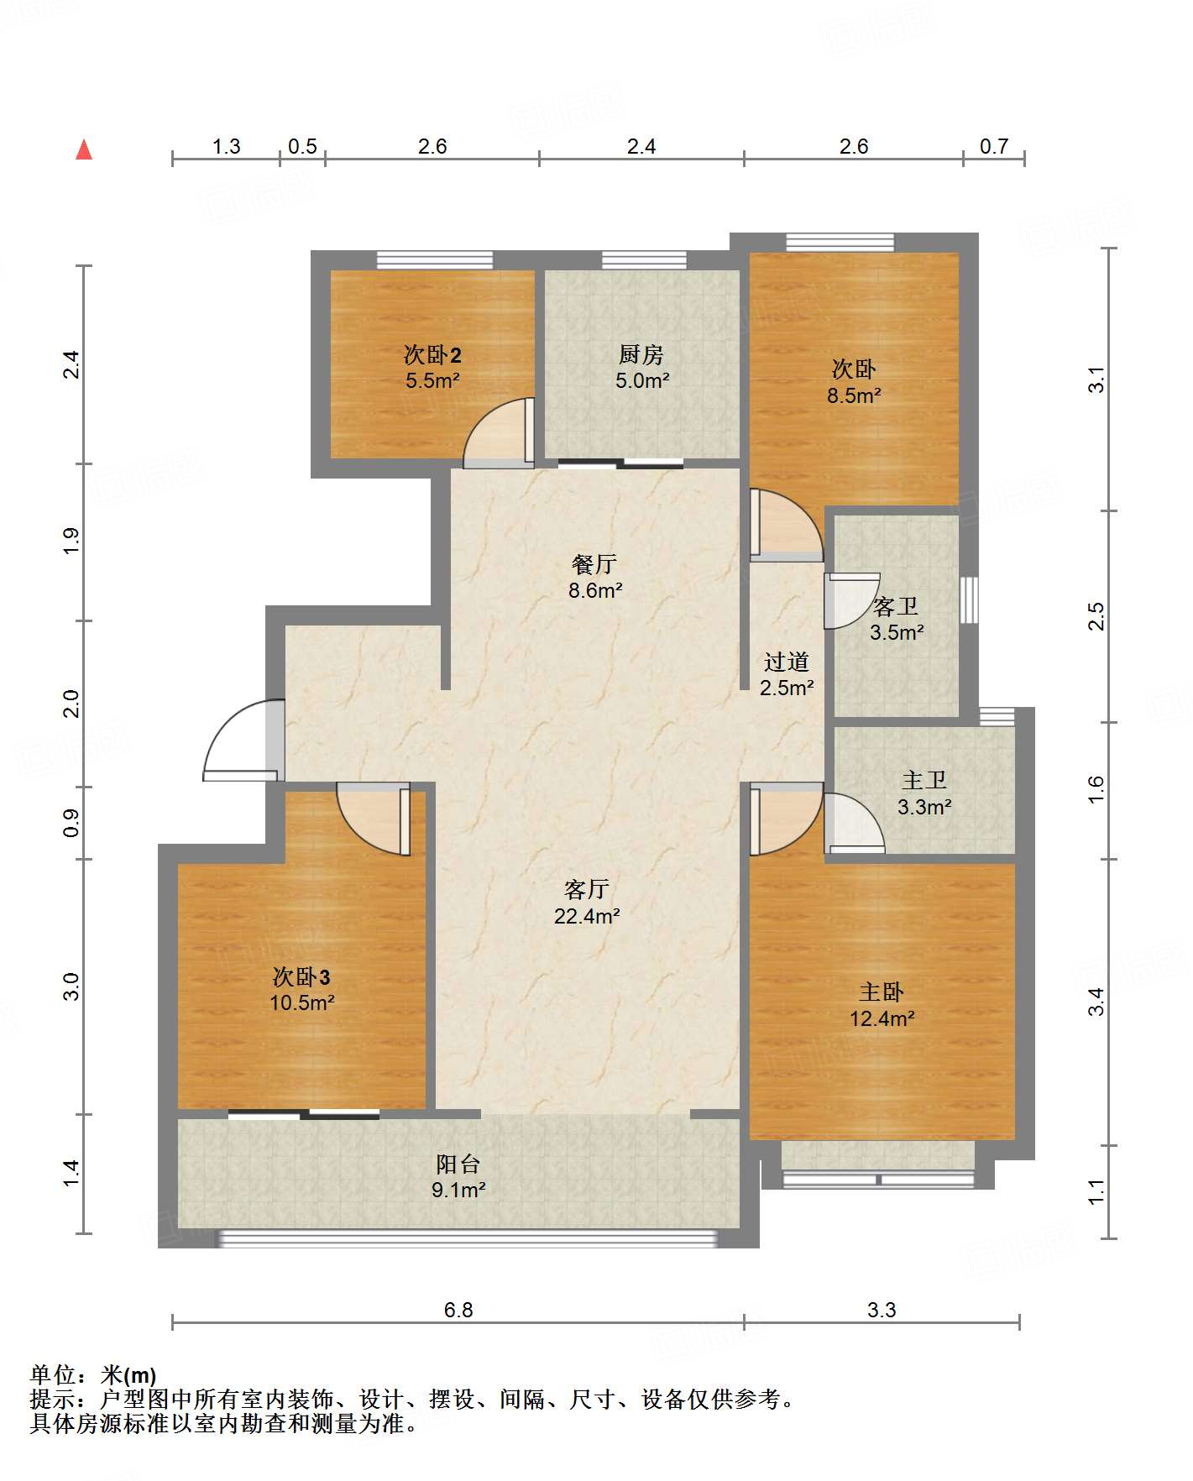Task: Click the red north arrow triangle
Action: [x=84, y=149]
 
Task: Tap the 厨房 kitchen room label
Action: [x=641, y=355]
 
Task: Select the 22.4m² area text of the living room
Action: [x=587, y=916]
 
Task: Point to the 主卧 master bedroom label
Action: [x=882, y=992]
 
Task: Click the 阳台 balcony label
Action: [x=458, y=1164]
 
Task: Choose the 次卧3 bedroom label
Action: [x=301, y=977]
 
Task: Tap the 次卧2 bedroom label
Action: [x=432, y=355]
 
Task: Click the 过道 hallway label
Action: [x=787, y=662]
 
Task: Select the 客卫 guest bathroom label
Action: [x=896, y=606]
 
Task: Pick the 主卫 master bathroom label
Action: [x=924, y=781]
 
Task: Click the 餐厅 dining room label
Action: [x=594, y=564]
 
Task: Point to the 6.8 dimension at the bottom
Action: [x=458, y=1310]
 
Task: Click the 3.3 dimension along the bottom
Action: [x=882, y=1310]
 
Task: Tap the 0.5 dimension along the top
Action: [x=302, y=147]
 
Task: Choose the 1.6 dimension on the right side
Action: [x=1096, y=789]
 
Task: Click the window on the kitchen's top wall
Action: [x=644, y=259]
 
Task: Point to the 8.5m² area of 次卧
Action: [x=854, y=395]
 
